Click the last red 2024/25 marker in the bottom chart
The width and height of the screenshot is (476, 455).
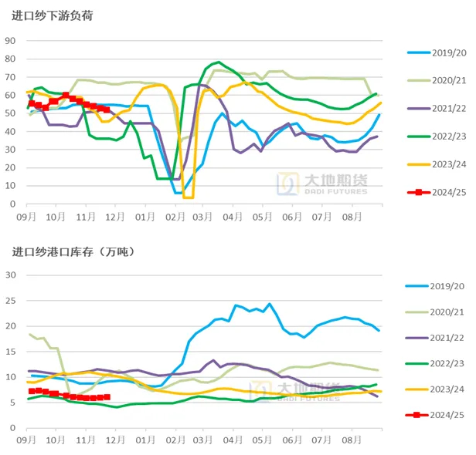[107, 397]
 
